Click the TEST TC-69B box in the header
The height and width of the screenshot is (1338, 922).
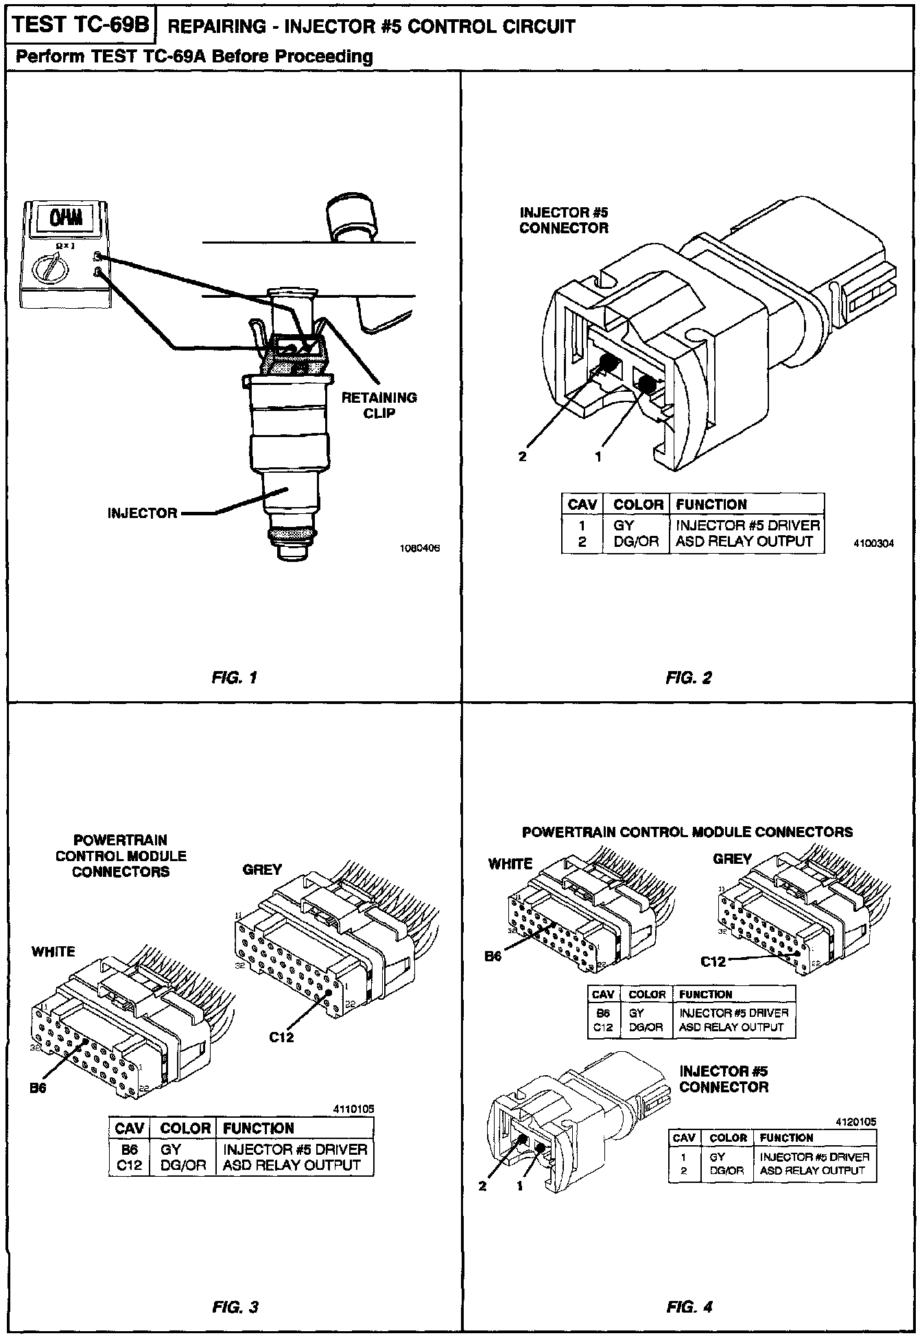point(81,25)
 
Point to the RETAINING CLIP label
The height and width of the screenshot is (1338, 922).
point(379,406)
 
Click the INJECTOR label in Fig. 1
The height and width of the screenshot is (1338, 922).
point(142,513)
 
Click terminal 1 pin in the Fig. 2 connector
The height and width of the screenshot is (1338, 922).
point(646,384)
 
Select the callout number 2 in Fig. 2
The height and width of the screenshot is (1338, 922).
point(523,457)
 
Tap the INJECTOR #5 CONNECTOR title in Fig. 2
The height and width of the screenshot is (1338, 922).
point(563,220)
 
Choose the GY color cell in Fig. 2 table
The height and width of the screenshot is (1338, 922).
point(624,526)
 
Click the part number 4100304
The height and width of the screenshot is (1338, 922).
point(873,543)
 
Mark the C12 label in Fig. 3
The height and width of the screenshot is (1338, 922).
point(281,1037)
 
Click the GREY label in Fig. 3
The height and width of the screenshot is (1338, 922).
point(262,869)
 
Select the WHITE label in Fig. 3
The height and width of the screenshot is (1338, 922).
point(54,951)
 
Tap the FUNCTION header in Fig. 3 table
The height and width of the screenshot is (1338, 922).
point(259,1128)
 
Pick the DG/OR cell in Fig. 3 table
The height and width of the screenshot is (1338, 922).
point(183,1165)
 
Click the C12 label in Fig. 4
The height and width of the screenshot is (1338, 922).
point(713,961)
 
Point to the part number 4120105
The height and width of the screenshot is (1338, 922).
point(856,1122)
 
